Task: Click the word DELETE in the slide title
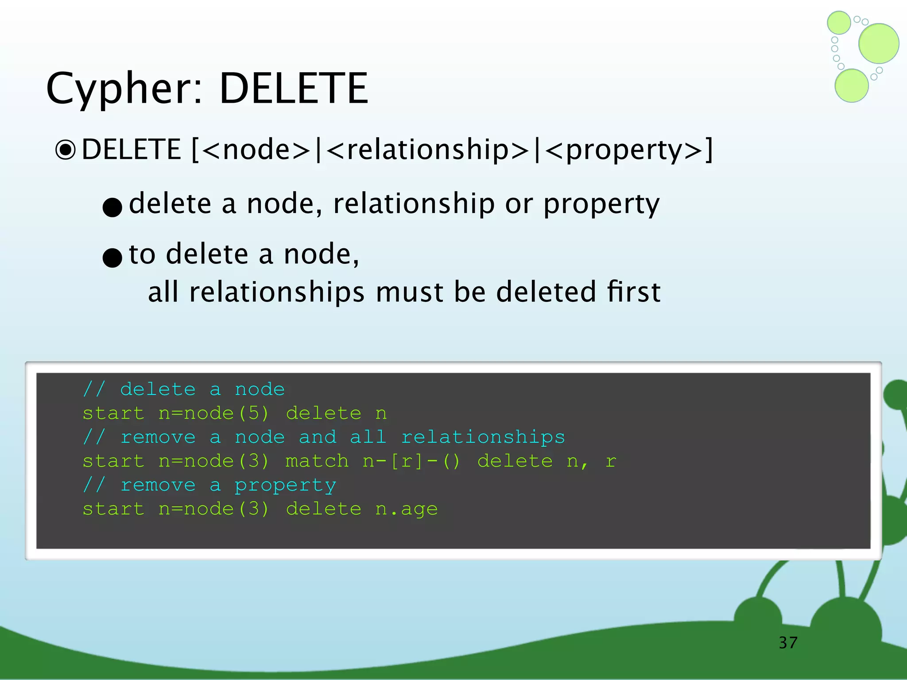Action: click(x=294, y=89)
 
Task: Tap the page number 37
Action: click(x=788, y=642)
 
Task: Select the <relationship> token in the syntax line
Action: click(x=428, y=150)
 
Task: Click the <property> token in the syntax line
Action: click(x=624, y=150)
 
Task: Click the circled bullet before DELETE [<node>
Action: click(x=66, y=150)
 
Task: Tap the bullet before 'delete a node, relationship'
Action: click(x=112, y=207)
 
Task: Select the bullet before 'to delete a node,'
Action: click(x=112, y=257)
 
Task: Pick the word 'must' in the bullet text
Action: click(x=409, y=292)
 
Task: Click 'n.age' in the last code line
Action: click(x=406, y=509)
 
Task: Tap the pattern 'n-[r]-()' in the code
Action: click(x=411, y=461)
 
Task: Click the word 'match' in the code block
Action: click(x=317, y=461)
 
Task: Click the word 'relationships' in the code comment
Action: click(x=483, y=437)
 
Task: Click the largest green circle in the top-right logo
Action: click(x=879, y=43)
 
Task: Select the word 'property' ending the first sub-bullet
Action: click(x=601, y=204)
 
